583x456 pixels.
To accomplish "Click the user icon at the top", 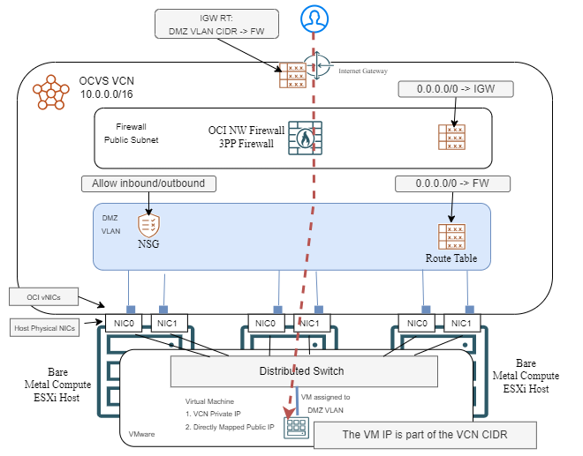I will click(x=314, y=17).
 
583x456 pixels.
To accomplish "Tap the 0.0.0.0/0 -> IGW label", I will click(x=455, y=89).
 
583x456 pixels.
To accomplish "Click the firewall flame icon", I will click(x=305, y=138).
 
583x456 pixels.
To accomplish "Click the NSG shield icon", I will click(x=149, y=226).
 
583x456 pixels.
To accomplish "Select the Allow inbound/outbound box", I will click(x=148, y=183).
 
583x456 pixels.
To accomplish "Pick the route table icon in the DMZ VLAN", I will click(x=452, y=237).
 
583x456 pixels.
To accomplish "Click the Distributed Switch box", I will click(x=304, y=370).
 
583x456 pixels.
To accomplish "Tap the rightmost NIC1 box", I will click(x=461, y=324).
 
